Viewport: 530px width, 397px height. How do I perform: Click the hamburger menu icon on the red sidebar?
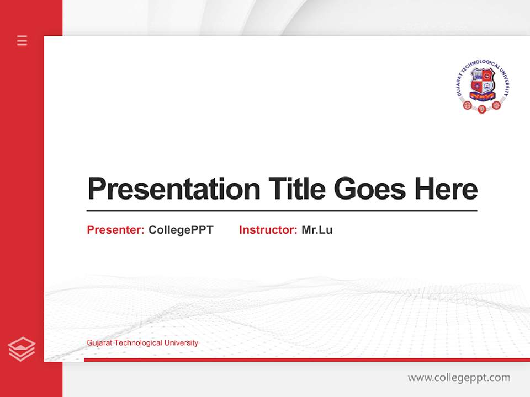click(22, 40)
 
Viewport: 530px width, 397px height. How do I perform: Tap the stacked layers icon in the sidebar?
click(22, 349)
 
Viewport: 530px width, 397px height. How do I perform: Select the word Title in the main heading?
click(297, 189)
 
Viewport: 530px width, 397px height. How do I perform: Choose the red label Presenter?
click(115, 230)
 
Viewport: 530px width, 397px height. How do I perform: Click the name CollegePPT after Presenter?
click(181, 230)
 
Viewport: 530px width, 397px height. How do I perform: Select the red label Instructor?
click(268, 230)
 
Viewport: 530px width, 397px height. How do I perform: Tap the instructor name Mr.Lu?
click(317, 230)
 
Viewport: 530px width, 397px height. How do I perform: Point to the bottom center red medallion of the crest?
click(482, 109)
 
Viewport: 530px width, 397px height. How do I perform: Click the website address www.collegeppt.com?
click(459, 378)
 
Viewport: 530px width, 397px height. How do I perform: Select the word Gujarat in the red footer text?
click(99, 343)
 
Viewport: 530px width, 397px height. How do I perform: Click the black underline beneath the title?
click(282, 211)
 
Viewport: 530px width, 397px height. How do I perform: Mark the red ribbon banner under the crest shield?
click(482, 97)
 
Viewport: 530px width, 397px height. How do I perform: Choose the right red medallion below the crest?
click(496, 105)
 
